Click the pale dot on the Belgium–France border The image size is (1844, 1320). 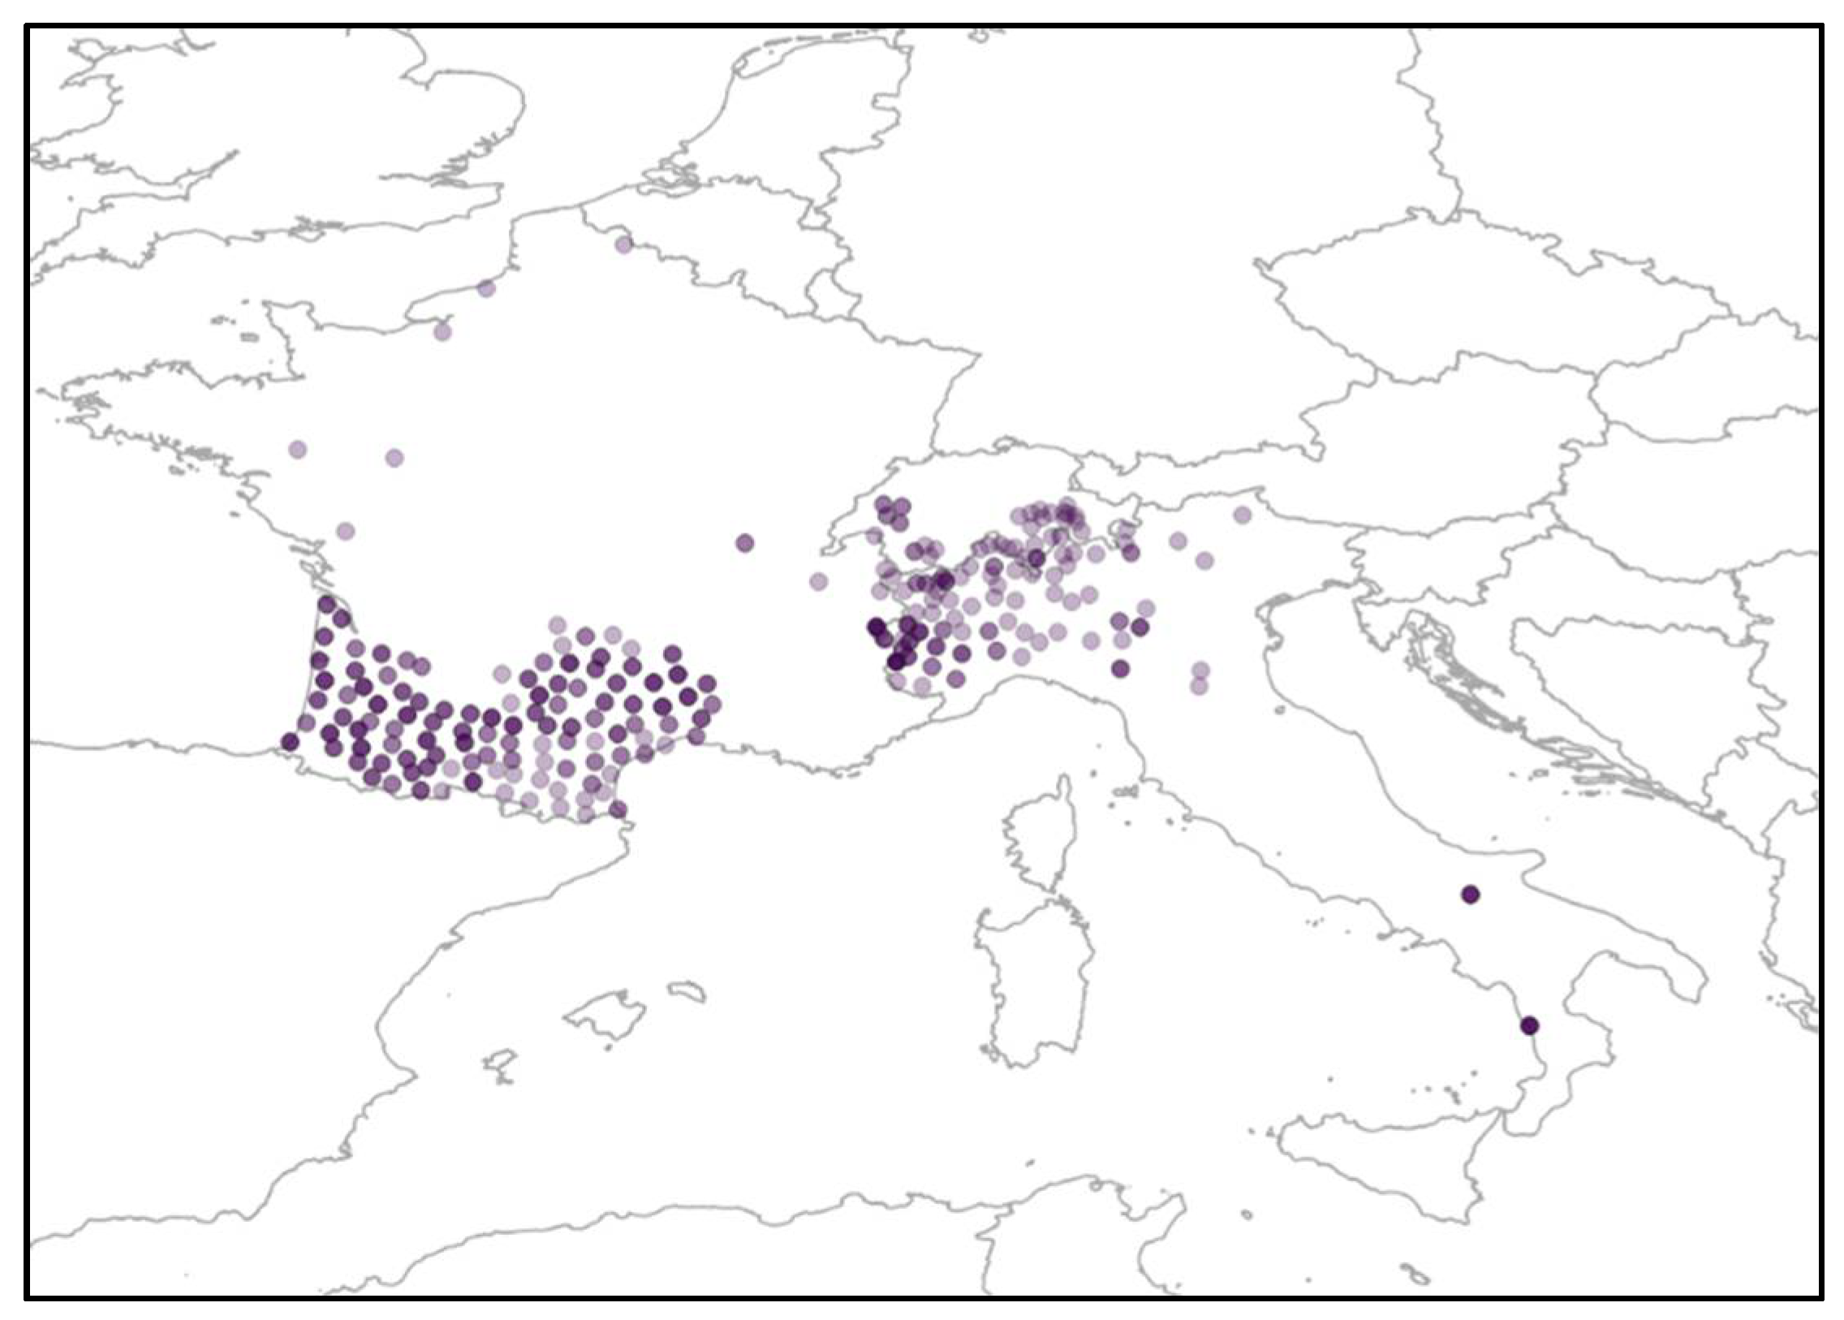click(x=623, y=244)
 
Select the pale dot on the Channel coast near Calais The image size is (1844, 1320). click(x=486, y=287)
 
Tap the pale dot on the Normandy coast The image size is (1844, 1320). click(x=442, y=332)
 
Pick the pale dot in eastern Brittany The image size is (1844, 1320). click(x=297, y=450)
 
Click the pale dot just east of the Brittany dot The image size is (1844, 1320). click(x=394, y=458)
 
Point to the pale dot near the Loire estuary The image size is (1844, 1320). click(x=346, y=532)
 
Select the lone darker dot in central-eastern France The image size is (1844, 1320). click(x=744, y=543)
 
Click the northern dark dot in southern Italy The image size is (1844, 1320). click(x=1470, y=895)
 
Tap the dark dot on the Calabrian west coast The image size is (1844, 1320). click(x=1529, y=1025)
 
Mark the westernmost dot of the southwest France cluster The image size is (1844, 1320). click(x=290, y=741)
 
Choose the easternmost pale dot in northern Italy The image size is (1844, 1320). click(x=1242, y=515)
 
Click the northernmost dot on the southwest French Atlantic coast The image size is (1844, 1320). click(x=327, y=604)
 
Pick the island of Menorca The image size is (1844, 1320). click(x=687, y=992)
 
